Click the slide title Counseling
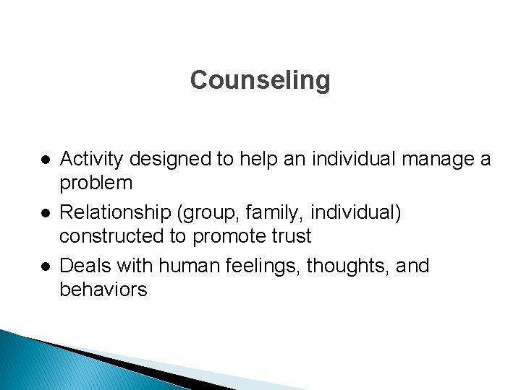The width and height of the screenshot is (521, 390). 260,80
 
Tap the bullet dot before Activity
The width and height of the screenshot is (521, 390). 45,159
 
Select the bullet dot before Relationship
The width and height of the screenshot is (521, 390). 45,212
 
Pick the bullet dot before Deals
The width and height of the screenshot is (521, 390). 45,266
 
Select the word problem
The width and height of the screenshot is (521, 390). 96,183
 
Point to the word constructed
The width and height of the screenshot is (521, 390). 110,236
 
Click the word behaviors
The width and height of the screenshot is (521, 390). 103,290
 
